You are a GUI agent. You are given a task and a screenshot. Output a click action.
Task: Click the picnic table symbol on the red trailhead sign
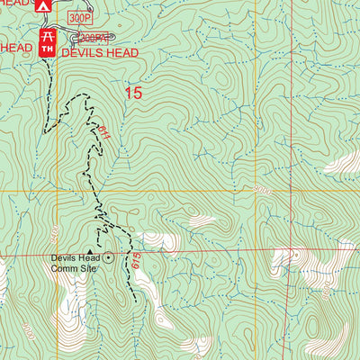click(47, 36)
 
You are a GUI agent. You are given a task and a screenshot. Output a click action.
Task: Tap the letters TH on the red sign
click(47, 49)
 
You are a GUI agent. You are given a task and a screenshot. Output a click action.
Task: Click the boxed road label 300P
click(83, 17)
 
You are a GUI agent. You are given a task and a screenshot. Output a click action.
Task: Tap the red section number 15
click(133, 92)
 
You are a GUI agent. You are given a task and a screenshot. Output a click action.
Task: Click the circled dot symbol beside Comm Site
click(109, 257)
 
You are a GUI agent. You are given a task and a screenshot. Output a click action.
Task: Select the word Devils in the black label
click(65, 257)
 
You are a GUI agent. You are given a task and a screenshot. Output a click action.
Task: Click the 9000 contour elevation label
click(262, 191)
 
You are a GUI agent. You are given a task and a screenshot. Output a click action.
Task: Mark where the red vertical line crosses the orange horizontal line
click(254, 191)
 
